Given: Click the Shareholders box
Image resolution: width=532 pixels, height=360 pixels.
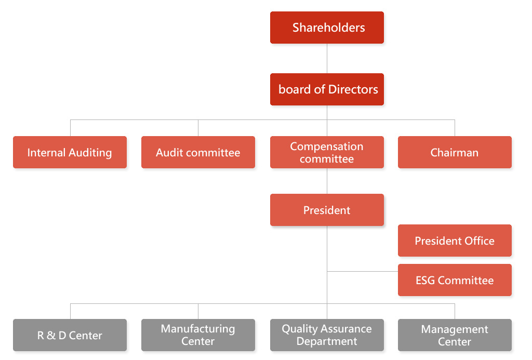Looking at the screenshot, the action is pos(327,28).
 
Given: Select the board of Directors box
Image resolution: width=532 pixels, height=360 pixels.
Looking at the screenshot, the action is pos(327,89).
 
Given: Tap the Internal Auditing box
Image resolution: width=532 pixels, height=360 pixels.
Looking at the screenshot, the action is pos(70,152).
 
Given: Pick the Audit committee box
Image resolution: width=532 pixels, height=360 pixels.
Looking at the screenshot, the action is pos(198,152).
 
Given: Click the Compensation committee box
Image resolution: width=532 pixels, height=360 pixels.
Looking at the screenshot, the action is pos(327,152).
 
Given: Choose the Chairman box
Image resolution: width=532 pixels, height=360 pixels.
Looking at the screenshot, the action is pos(455,152).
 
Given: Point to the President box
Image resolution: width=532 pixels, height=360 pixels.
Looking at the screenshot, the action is pos(327,210).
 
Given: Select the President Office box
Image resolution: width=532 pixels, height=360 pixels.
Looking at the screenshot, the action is pos(455,240).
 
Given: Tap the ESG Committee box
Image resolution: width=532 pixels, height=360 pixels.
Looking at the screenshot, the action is pos(455,280).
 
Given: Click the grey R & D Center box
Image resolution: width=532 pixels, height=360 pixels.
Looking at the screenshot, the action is pos(70,335).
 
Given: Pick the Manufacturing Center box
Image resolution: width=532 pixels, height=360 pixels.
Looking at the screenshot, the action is pos(198,335).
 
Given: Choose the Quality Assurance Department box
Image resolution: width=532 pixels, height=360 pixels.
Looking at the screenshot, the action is pos(327,335).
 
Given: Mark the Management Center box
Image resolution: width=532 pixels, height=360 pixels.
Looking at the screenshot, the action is pos(455,335).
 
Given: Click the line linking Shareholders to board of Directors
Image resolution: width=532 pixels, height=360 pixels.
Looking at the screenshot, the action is pos(327,58).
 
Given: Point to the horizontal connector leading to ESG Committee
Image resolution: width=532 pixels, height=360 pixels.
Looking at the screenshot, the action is pos(362,272).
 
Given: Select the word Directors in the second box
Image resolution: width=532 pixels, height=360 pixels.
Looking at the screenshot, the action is pos(353,89).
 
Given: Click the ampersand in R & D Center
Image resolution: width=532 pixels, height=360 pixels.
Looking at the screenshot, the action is pos(51,335).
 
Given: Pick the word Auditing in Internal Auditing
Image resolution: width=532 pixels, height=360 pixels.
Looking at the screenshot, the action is pos(90,153).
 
